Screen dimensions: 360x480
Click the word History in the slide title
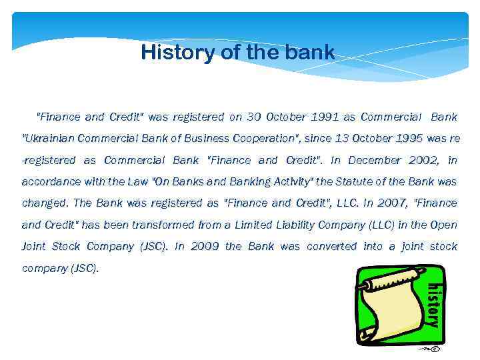click(177, 52)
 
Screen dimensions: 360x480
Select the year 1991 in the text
click(323, 117)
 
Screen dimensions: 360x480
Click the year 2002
click(419, 160)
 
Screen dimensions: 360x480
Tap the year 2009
click(205, 246)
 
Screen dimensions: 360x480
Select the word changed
click(45, 203)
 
